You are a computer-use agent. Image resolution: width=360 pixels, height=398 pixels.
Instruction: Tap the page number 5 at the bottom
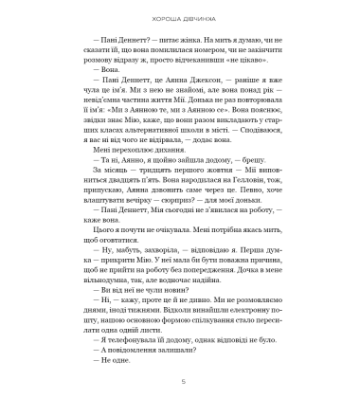[x=179, y=381]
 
